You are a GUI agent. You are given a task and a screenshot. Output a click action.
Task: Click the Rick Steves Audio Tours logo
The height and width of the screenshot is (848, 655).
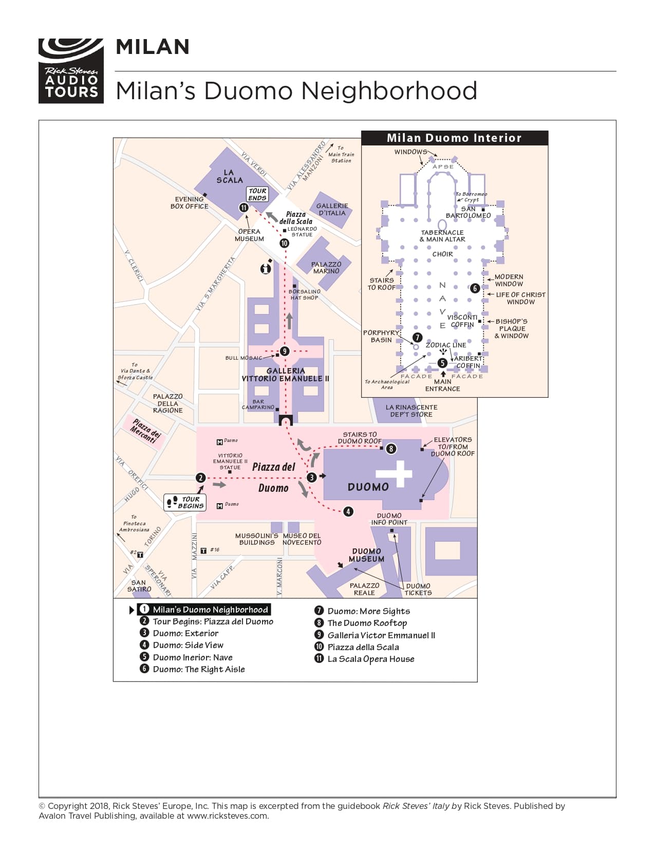click(x=71, y=71)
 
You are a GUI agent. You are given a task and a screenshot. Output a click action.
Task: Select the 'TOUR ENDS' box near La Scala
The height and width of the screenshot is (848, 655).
click(x=257, y=194)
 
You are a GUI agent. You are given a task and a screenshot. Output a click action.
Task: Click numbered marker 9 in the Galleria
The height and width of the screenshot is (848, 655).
click(x=285, y=352)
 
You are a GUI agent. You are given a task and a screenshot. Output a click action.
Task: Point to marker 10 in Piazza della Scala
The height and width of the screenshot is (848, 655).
click(x=284, y=243)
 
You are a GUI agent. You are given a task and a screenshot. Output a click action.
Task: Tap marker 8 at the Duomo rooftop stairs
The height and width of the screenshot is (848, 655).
click(x=391, y=449)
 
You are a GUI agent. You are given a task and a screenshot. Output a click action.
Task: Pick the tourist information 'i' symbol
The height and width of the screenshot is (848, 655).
click(x=266, y=268)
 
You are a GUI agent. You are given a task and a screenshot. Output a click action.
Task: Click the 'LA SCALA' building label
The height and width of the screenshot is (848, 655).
click(x=229, y=176)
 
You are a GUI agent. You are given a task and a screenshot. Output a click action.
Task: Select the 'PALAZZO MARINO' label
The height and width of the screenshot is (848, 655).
click(x=326, y=267)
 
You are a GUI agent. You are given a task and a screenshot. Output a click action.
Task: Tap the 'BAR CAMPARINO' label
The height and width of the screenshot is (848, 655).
click(x=258, y=404)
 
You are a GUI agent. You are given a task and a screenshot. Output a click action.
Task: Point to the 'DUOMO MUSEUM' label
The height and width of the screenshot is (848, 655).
click(x=366, y=555)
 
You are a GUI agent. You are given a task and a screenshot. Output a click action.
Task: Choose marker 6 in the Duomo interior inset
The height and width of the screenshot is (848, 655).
click(x=475, y=288)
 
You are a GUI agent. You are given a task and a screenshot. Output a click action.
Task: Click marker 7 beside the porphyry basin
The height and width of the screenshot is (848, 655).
click(x=417, y=338)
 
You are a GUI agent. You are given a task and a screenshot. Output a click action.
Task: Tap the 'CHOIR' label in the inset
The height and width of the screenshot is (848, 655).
click(x=442, y=254)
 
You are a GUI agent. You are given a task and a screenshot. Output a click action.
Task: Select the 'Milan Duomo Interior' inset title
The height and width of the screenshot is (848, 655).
click(x=454, y=138)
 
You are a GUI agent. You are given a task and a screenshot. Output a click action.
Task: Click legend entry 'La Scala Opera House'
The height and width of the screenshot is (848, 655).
click(x=370, y=659)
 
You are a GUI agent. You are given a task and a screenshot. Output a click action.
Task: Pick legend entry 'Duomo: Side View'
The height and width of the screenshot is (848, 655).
click(x=188, y=645)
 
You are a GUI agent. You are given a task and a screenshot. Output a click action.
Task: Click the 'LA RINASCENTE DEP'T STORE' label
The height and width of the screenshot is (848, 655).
click(x=411, y=411)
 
